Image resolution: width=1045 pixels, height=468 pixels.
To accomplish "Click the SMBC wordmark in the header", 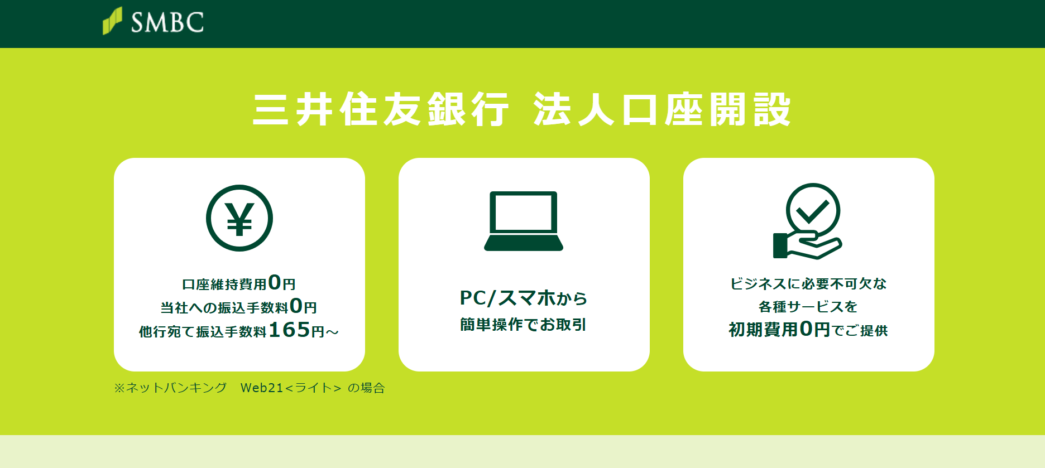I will coord(167,22).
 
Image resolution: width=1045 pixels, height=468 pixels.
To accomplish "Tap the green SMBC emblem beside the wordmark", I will coord(112,21).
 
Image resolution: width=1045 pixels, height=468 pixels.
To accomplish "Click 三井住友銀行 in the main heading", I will coord(381,109).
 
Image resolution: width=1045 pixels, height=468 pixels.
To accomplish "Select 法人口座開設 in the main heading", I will coord(662,109).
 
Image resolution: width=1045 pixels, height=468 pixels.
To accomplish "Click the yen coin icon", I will coord(239,218).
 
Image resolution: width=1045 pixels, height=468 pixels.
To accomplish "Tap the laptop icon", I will coord(524,221).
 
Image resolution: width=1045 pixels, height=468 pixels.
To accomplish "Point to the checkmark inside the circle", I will coord(813,210).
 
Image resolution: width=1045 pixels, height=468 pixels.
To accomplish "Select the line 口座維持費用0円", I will coord(239,283).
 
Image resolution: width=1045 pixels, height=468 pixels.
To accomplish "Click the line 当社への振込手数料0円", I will coord(239,307).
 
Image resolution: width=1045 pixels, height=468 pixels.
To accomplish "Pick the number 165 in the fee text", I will coord(289,330).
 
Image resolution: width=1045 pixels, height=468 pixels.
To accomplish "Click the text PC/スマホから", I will coord(524,298).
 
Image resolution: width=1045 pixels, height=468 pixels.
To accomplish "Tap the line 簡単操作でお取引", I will coord(524,325).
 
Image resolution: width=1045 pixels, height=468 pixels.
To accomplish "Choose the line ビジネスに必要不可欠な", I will coord(808,284).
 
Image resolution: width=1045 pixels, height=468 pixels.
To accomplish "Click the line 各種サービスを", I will coord(808,307).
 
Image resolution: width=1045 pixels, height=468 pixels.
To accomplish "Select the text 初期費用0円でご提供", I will coord(808,330).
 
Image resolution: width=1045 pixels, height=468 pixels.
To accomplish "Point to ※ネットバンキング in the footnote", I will coord(170,388).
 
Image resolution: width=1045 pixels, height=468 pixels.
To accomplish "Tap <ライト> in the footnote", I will coord(313,388).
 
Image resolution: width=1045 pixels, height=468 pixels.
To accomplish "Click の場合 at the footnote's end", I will coord(367,388).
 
